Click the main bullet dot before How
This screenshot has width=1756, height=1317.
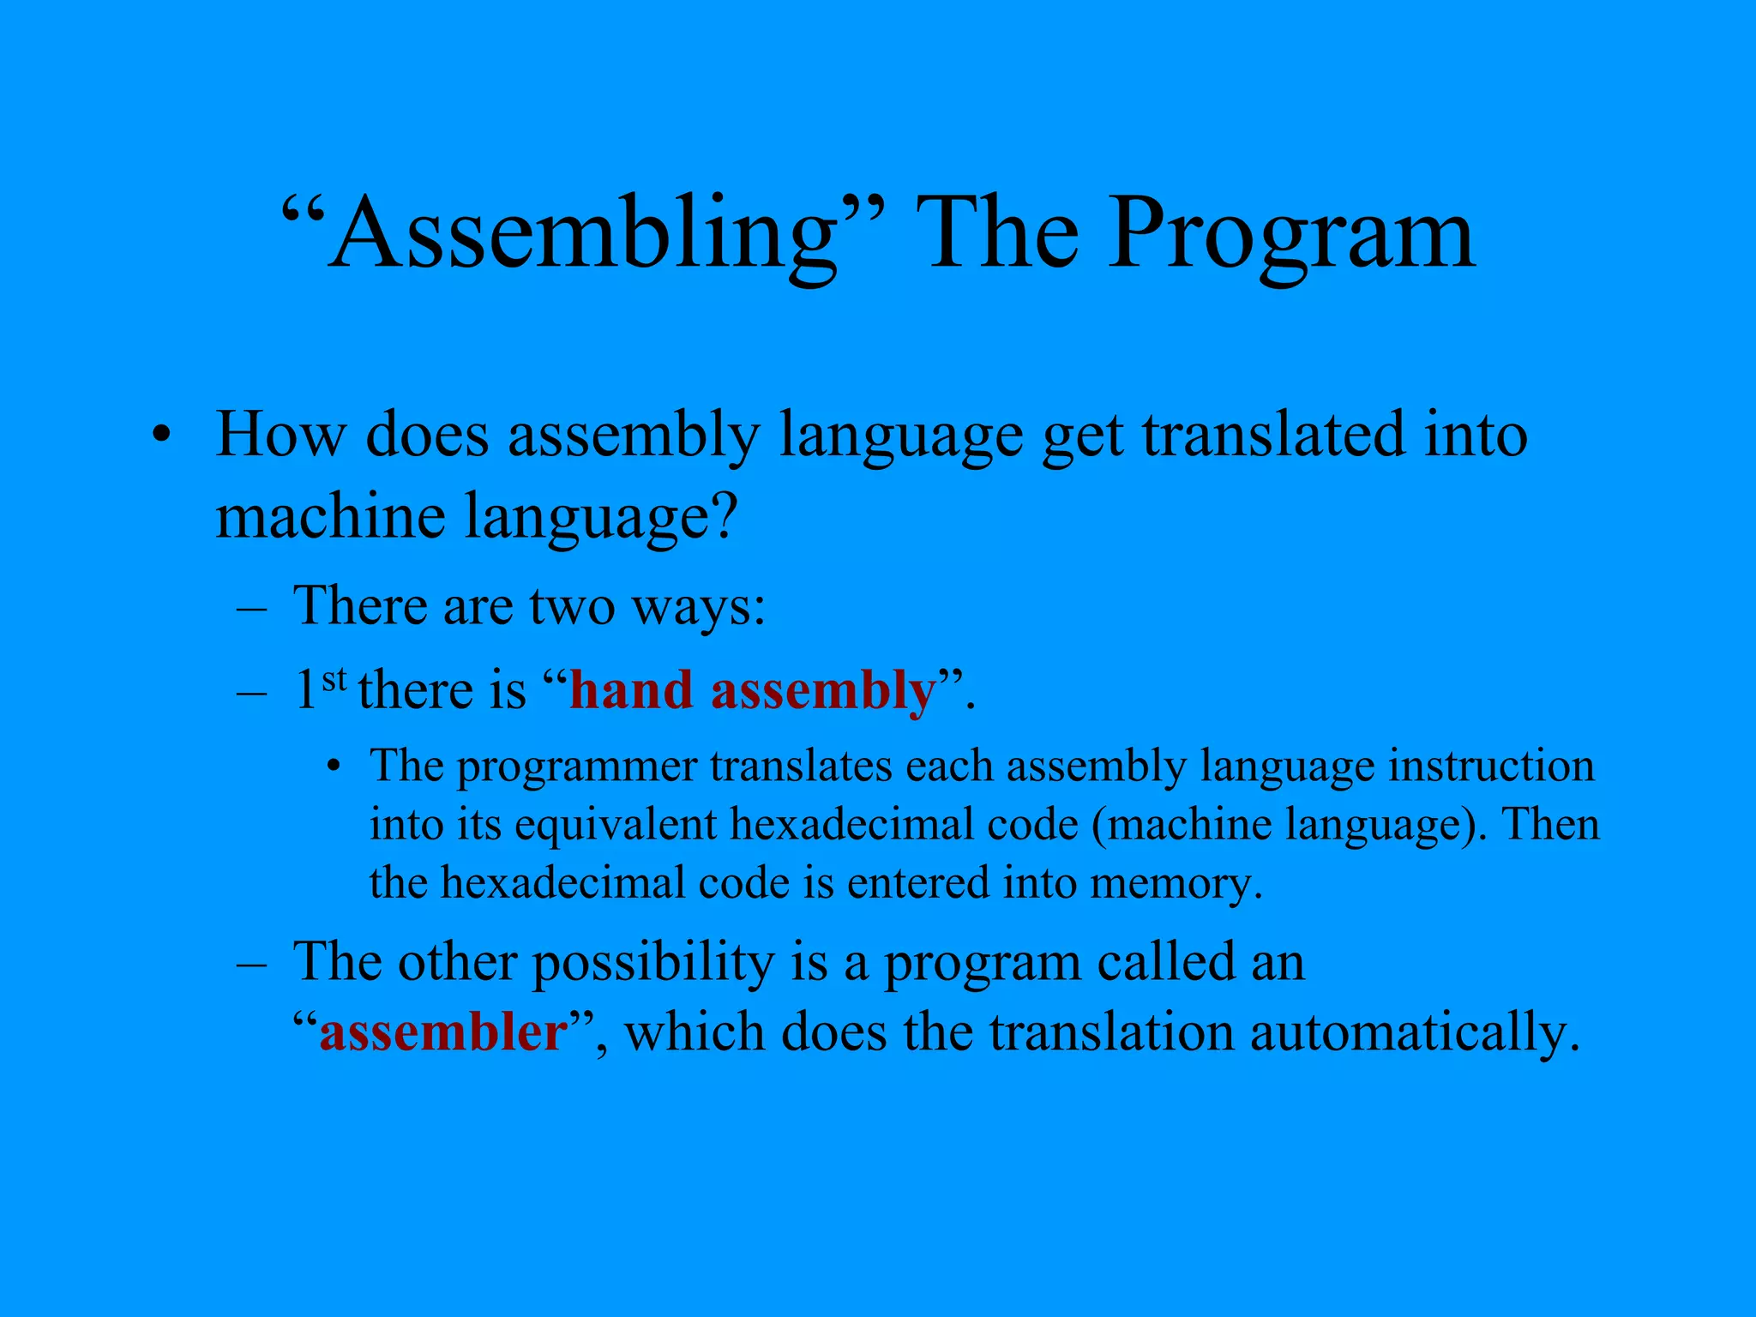pos(159,436)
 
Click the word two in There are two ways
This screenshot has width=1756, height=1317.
pos(572,605)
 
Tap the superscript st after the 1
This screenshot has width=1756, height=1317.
pos(334,679)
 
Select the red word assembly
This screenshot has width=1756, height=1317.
pos(823,692)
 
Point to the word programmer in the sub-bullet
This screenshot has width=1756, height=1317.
pos(577,767)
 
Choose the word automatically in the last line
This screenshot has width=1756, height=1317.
pos(1414,1032)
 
